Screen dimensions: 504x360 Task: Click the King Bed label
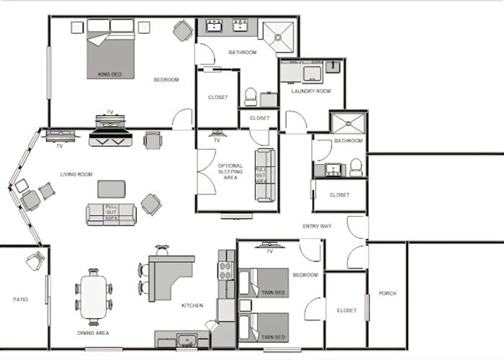point(109,74)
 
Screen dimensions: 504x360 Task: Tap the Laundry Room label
point(311,91)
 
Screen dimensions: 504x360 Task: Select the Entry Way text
point(317,226)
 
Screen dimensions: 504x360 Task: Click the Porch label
point(387,293)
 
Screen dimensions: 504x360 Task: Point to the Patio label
point(21,300)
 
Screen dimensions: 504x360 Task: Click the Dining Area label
point(93,333)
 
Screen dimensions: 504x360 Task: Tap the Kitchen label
point(192,305)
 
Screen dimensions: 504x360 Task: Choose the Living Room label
point(76,174)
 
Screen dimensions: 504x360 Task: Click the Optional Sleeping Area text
point(230,171)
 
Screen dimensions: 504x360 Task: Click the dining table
point(94,297)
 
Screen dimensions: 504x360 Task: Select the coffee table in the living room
point(112,189)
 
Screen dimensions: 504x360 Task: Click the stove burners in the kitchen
point(226,271)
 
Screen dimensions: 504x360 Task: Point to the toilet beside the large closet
point(251,96)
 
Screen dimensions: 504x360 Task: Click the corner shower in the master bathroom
point(279,37)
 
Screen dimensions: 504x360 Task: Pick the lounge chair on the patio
point(35,261)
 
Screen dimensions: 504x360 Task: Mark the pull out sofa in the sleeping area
point(265,175)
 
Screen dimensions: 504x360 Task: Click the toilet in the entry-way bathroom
point(356,168)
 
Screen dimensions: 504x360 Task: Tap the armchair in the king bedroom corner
point(183,30)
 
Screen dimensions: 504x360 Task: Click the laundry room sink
point(333,67)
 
